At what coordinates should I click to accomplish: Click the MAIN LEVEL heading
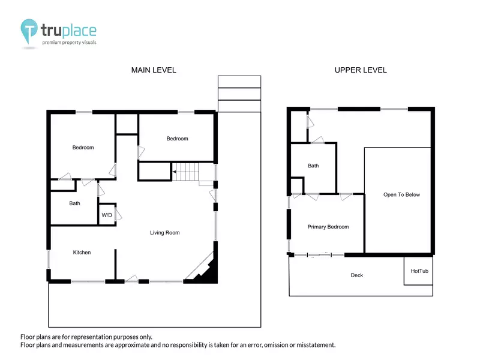click(x=154, y=70)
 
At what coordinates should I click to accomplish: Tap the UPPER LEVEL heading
click(x=361, y=70)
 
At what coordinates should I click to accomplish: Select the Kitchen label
click(x=82, y=252)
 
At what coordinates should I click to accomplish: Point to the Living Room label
click(x=164, y=233)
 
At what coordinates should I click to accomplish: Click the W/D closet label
click(x=107, y=215)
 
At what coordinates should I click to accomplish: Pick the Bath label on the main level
click(x=74, y=203)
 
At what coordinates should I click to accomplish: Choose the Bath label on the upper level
click(x=313, y=166)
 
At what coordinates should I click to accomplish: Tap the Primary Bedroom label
click(x=328, y=227)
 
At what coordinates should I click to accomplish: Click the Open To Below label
click(x=401, y=194)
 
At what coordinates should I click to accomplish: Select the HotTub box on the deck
click(x=418, y=271)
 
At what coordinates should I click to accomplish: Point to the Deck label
click(x=356, y=275)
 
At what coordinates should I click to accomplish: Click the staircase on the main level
click(x=186, y=172)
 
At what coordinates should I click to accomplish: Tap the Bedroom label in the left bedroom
click(x=83, y=148)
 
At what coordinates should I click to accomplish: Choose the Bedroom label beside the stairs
click(x=177, y=139)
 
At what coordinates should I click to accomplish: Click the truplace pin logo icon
click(x=29, y=31)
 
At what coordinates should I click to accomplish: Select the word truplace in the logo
click(x=68, y=31)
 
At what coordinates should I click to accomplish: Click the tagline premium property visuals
click(x=69, y=43)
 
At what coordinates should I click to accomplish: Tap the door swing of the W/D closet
click(x=119, y=215)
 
